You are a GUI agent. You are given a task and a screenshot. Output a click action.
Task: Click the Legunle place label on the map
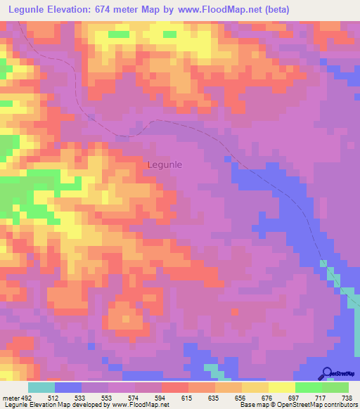(165, 164)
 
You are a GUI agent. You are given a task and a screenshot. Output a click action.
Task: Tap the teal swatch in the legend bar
(41, 387)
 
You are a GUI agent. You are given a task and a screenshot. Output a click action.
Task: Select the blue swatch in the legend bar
(68, 387)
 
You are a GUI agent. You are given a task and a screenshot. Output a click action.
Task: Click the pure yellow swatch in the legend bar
(282, 387)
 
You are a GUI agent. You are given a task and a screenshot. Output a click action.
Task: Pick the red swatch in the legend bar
(175, 387)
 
